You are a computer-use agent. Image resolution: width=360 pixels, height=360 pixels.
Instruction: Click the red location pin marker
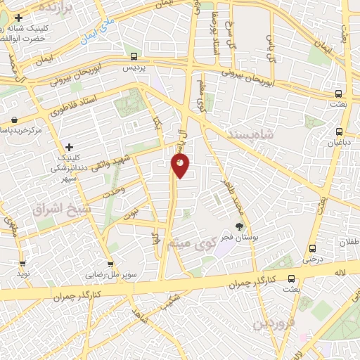tap(180, 166)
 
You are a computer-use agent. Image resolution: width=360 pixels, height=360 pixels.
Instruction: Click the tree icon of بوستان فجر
tap(240, 226)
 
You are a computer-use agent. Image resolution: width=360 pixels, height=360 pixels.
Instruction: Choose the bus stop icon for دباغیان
tap(340, 131)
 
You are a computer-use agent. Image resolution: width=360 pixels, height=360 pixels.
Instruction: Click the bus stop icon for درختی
tap(312, 248)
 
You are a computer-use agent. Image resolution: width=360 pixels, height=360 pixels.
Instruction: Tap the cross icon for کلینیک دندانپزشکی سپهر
tap(69, 147)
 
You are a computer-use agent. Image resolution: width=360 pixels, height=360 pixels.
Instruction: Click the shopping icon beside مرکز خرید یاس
tap(14, 120)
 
